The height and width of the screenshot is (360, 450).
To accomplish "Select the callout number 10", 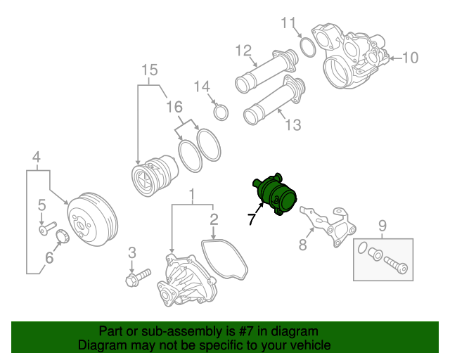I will pos(409,57).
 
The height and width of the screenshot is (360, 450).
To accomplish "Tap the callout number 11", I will pos(289,23).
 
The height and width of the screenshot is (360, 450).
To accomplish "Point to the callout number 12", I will pos(243,50).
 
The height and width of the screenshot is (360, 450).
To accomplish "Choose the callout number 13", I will pos(292,124).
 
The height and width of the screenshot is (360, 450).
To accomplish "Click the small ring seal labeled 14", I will pos(221,112).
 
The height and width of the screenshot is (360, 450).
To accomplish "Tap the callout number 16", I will pos(174,107).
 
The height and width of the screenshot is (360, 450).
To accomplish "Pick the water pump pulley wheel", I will pos(92,219).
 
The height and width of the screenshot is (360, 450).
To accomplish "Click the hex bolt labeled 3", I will pos(138,277).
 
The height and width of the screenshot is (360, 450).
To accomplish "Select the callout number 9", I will pos(382,226).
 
